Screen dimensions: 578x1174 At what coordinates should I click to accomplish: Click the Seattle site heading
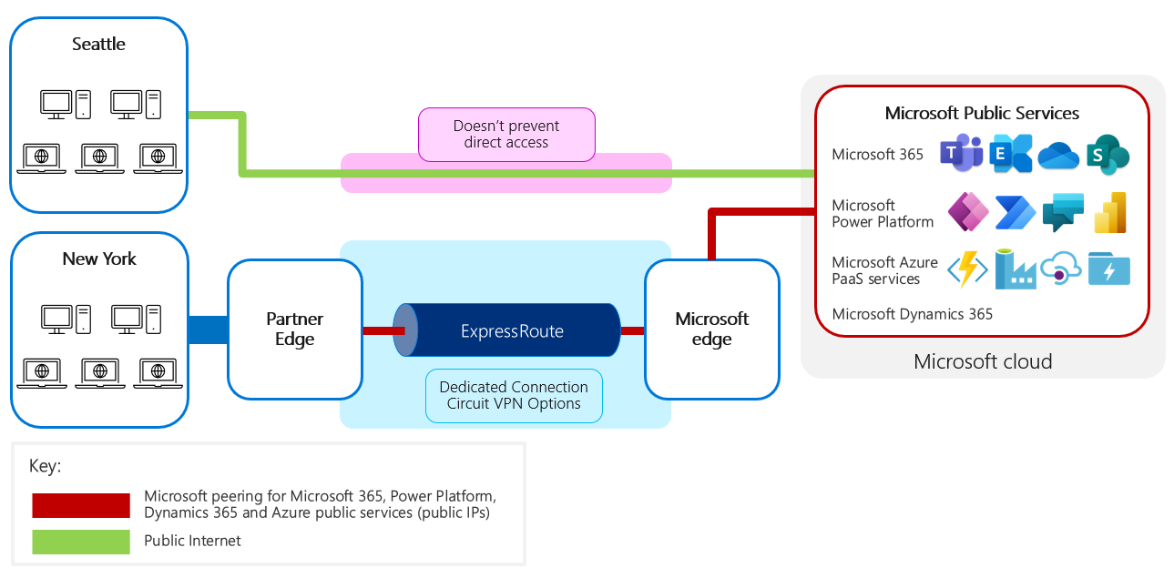[x=98, y=44]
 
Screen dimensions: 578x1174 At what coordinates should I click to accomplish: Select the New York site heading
[x=99, y=259]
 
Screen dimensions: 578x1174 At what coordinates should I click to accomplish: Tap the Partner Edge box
[x=294, y=330]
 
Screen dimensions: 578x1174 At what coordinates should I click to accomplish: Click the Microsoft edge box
[x=711, y=330]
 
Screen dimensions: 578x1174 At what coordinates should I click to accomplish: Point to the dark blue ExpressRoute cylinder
[x=512, y=331]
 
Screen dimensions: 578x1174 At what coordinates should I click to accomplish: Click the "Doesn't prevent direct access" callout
[x=505, y=135]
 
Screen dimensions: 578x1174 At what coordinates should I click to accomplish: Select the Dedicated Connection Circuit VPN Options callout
[x=514, y=395]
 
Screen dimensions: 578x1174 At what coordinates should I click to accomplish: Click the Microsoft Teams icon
[x=961, y=154]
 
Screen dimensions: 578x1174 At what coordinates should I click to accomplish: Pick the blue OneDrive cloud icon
[x=1058, y=155]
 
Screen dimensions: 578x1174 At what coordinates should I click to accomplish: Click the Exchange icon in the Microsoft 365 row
[x=1010, y=154]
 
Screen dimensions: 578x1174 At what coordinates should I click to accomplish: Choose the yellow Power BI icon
[x=1109, y=213]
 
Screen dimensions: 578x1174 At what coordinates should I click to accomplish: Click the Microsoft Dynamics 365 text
[x=912, y=314]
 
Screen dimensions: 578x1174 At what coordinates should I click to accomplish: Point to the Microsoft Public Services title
[x=982, y=114]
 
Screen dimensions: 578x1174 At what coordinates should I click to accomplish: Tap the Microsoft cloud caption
[x=983, y=362]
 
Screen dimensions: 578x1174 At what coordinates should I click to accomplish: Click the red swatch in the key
[x=81, y=505]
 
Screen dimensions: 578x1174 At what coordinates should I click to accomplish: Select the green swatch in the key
[x=81, y=542]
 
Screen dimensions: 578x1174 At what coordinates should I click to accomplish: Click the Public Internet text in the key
[x=192, y=541]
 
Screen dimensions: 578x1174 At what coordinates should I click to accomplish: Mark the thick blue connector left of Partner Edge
[x=208, y=330]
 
